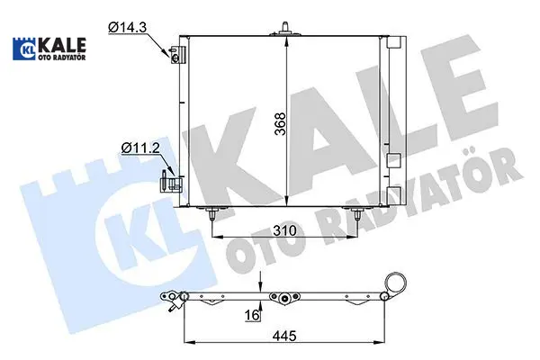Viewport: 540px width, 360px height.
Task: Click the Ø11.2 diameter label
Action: pyautogui.click(x=140, y=148)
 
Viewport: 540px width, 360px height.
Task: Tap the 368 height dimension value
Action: pyautogui.click(x=281, y=124)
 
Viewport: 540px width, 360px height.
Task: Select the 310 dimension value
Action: pyautogui.click(x=284, y=230)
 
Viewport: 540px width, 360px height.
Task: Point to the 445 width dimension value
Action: pyautogui.click(x=284, y=335)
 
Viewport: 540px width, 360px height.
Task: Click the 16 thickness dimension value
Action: pyautogui.click(x=252, y=315)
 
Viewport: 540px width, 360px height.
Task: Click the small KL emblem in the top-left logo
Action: pyautogui.click(x=26, y=49)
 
